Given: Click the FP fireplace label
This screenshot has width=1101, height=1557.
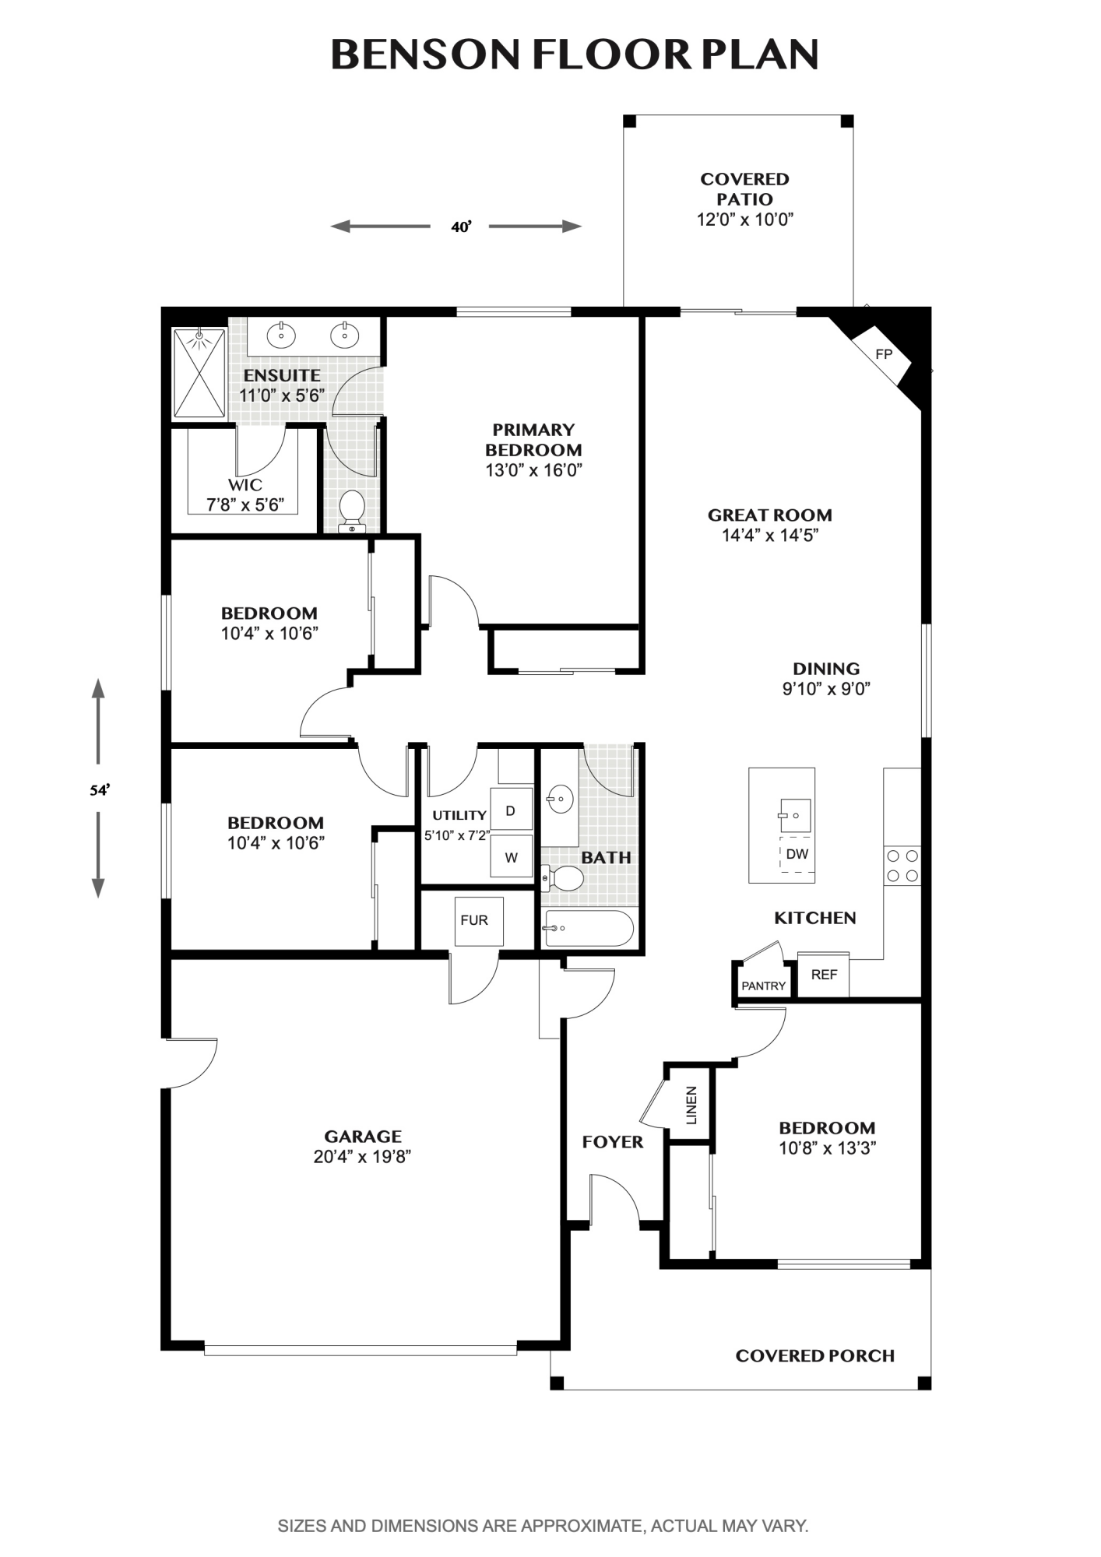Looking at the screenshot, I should click(x=883, y=354).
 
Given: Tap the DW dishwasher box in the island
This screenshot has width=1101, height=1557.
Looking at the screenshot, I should click(x=797, y=854).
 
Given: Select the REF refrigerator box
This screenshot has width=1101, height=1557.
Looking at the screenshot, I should click(x=823, y=974).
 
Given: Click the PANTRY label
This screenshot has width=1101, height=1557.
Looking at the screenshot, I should click(x=763, y=986).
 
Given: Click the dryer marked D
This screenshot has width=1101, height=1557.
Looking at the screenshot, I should click(x=511, y=810).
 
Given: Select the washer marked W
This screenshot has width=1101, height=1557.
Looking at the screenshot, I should click(x=511, y=857).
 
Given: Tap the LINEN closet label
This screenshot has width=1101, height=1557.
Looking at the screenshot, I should click(x=691, y=1105).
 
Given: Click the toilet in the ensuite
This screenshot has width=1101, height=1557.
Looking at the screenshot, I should click(x=353, y=511).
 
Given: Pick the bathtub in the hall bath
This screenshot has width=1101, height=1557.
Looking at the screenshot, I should click(x=589, y=929).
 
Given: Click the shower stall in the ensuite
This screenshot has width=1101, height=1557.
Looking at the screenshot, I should click(x=200, y=373).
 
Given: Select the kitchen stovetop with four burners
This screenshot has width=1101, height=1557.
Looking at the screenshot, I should click(x=902, y=866).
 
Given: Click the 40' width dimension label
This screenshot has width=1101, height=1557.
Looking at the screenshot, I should click(x=461, y=227).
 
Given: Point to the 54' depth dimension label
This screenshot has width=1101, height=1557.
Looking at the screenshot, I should click(x=99, y=790).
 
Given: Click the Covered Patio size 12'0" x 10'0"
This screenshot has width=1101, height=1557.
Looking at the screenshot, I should click(x=744, y=220).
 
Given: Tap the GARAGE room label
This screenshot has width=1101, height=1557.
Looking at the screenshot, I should click(x=363, y=1136).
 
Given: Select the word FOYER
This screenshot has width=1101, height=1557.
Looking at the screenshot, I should click(x=613, y=1142).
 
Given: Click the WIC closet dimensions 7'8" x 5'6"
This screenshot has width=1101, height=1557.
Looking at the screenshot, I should click(x=244, y=505).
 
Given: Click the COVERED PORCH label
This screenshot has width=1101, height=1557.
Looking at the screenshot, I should click(x=814, y=1355).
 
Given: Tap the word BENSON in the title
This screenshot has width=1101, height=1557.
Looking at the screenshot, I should click(x=425, y=54).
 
